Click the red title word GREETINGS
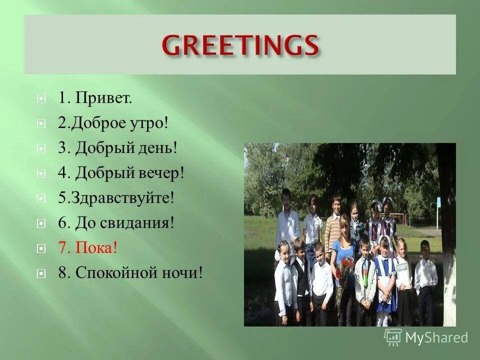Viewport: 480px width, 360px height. tap(240, 46)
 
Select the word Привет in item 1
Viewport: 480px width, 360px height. tap(103, 97)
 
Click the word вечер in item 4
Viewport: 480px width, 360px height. tap(161, 173)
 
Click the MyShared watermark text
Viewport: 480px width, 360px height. tap(436, 338)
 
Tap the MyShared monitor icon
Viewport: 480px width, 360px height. tap(393, 337)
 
